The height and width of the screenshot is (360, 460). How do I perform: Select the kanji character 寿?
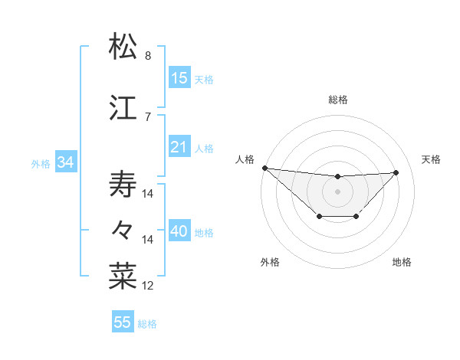coord(123,184)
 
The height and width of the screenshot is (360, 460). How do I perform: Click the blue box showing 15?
coord(179,78)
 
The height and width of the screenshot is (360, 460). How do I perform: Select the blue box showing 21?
coord(179,147)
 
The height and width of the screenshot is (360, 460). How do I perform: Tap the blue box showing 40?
coord(179,232)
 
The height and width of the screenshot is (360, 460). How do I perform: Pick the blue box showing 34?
coord(65,162)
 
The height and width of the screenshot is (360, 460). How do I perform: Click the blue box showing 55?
coord(123,322)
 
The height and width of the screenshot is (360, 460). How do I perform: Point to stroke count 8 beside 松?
coord(148,56)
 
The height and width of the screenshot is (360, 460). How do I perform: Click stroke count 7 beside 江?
coord(148,116)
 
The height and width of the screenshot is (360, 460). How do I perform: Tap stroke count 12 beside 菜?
coord(148,286)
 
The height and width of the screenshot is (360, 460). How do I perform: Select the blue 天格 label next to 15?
coord(204,79)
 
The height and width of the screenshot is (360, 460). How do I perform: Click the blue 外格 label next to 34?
coord(41,163)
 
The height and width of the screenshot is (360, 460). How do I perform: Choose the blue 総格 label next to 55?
coord(147,324)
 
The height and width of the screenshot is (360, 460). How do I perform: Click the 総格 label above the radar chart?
coord(337,100)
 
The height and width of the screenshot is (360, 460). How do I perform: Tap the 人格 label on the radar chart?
coord(245,159)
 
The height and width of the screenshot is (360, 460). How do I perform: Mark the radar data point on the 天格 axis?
coord(396,172)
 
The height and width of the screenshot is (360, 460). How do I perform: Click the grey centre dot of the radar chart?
coord(337,191)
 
